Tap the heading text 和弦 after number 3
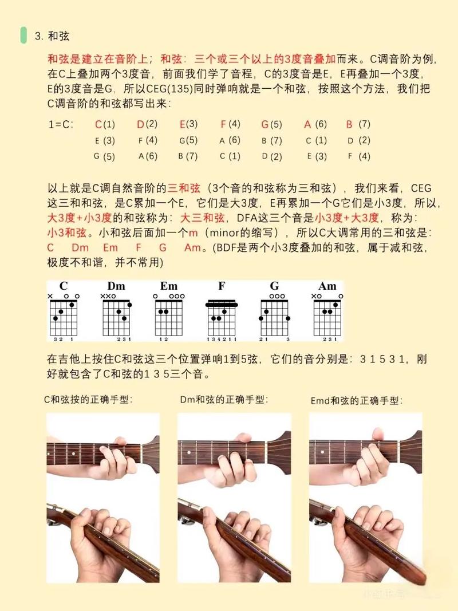(x=59, y=36)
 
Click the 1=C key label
(x=61, y=124)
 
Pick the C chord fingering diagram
(x=64, y=316)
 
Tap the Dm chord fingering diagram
(x=116, y=316)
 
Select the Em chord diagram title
(x=169, y=286)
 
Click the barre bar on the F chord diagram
(x=222, y=303)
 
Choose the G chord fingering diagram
(x=274, y=316)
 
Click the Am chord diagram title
(x=327, y=286)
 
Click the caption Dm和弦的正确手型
(x=224, y=399)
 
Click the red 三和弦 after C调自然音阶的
(x=183, y=188)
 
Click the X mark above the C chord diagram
(x=50, y=296)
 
